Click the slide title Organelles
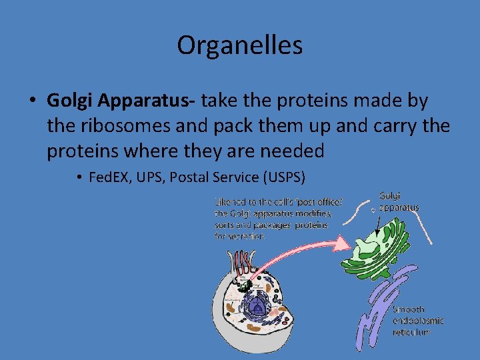[x=239, y=45]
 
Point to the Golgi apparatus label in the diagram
[x=399, y=201]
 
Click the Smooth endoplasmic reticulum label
[x=417, y=321]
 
